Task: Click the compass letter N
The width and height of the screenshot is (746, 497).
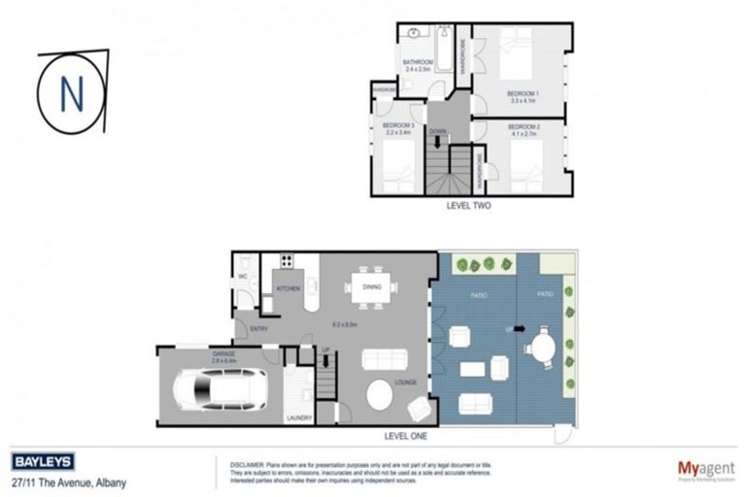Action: (70, 93)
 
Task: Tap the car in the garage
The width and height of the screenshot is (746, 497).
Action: (219, 389)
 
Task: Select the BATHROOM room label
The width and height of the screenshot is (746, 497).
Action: (418, 62)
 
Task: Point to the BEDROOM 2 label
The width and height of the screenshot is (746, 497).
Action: (524, 126)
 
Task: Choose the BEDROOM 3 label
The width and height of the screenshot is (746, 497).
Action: (397, 126)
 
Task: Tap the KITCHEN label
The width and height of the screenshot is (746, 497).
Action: (288, 288)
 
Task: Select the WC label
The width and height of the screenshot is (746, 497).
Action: (244, 277)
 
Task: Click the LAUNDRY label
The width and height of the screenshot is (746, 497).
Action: (298, 417)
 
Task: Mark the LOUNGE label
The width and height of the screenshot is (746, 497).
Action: (405, 381)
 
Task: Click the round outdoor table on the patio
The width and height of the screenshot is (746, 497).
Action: (542, 345)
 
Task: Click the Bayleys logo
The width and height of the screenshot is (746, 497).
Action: (43, 462)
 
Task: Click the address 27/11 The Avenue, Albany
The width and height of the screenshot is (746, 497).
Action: (68, 482)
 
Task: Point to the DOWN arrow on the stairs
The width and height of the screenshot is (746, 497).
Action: (437, 142)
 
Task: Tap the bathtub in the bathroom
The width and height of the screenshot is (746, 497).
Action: (444, 50)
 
